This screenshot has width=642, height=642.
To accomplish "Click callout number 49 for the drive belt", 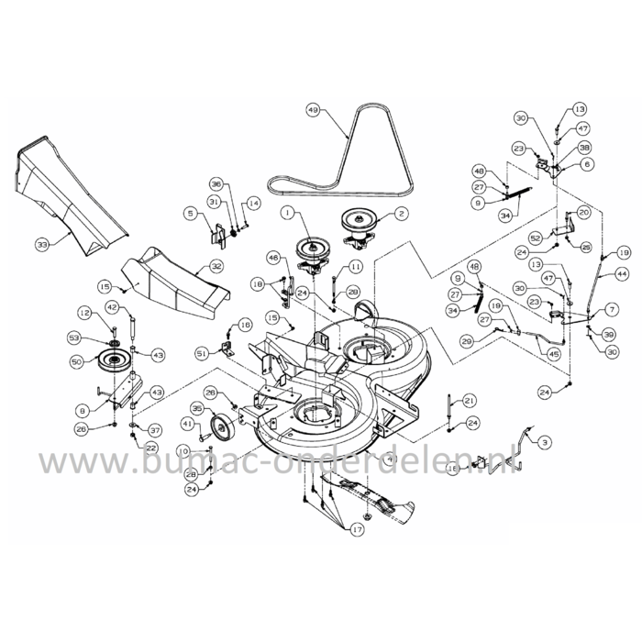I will click(313, 111).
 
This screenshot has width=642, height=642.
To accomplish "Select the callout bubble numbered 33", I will click(41, 245).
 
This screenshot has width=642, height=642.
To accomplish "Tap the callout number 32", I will click(216, 266).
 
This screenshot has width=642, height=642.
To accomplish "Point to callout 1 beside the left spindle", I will click(286, 213).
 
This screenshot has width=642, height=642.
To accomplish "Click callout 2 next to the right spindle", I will click(401, 213).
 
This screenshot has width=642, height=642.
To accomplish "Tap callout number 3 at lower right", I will click(547, 443).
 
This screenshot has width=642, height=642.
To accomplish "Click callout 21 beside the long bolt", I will click(470, 400).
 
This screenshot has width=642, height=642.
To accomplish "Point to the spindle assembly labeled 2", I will click(362, 225).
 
